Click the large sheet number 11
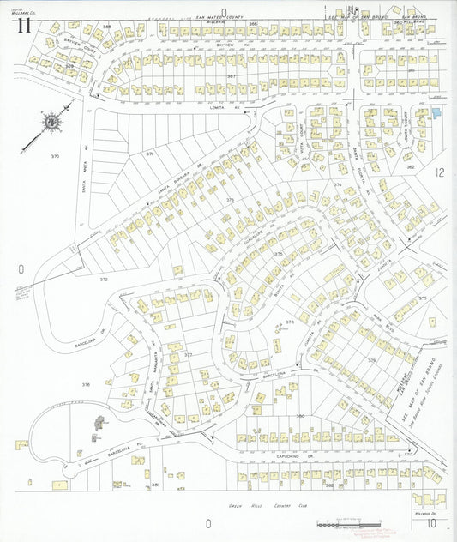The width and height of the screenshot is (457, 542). (x=23, y=25)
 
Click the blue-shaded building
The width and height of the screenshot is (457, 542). (x=437, y=112)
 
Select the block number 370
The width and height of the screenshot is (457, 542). (x=56, y=156)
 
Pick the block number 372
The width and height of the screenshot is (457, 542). (x=104, y=279)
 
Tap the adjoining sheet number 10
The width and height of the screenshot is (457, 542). (x=433, y=521)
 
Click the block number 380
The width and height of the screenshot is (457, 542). (x=301, y=415)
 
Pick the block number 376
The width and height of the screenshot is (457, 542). (x=86, y=385)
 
